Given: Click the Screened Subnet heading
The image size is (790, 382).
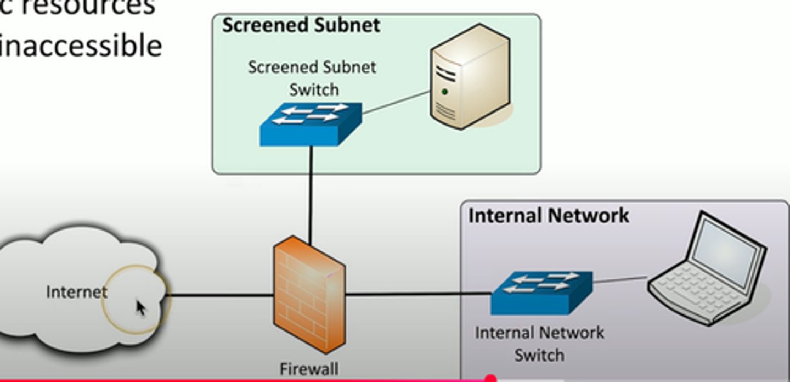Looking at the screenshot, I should coord(301,26).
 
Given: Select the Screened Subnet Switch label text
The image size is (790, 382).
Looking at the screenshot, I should coord(312,78).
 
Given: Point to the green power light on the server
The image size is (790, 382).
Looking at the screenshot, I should coord(444,92).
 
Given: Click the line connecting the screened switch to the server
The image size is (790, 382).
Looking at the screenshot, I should coord(395,103).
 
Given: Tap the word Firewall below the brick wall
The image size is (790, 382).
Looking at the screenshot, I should coord(309,369).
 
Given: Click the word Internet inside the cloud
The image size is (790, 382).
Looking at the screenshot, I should coord(76,292).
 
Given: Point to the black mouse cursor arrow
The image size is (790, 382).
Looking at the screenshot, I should coord(140,307).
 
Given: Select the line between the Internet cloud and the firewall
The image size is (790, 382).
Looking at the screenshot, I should coord(219,295).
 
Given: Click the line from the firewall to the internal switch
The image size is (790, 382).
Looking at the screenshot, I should coord(417,295).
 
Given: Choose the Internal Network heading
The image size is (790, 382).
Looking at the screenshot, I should coord(548,215).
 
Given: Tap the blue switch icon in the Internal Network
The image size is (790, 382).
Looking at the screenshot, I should coord(541,293).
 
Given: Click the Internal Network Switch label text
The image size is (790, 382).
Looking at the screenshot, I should coord(539,344).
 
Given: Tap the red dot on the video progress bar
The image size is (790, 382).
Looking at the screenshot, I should coord(490,378).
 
